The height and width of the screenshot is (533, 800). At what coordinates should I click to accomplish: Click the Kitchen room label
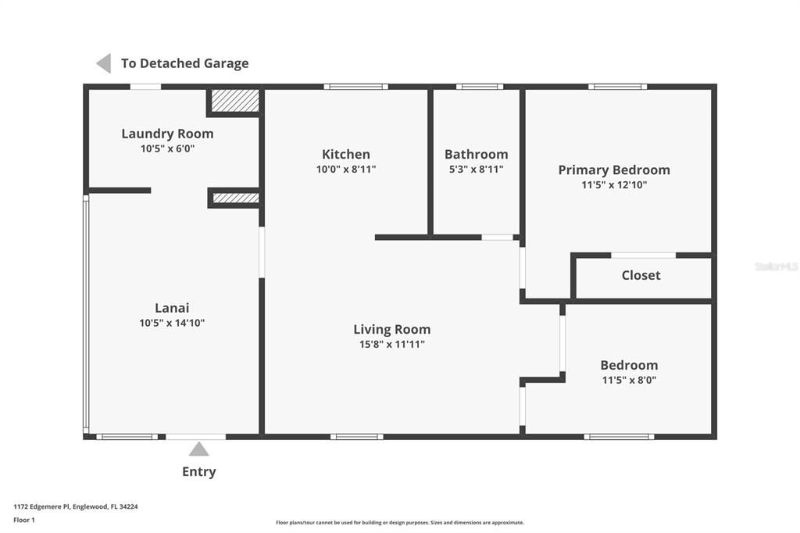coord(346,154)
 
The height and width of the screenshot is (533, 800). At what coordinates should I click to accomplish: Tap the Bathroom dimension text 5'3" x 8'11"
coord(476,169)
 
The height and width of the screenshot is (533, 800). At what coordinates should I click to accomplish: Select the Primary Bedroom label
coord(614,170)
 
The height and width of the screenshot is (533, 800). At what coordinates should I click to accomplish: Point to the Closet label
coord(641,275)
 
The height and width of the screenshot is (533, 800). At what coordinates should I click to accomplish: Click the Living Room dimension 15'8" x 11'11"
coord(392,344)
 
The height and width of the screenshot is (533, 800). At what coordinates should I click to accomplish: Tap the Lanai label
coord(172,308)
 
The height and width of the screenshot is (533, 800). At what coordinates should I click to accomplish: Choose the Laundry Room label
coord(167,134)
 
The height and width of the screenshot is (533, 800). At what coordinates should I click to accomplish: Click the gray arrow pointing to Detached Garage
coord(104,63)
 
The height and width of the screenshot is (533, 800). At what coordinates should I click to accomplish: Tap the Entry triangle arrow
coord(199,449)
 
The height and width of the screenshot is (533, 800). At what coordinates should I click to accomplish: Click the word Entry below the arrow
coord(199,471)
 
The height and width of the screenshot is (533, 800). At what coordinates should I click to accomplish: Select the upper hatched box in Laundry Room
coord(235,101)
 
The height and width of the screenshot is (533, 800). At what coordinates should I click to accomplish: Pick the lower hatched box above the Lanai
coord(236,198)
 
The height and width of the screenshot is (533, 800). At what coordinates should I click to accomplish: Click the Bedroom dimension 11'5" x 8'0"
coord(629,380)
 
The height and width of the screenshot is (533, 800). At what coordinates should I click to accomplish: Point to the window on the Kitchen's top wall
coord(355,87)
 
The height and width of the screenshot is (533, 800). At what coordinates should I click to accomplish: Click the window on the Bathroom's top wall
coord(480,87)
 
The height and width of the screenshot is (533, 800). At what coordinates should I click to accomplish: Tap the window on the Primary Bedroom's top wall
coord(617,87)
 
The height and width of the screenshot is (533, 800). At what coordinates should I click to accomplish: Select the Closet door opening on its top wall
coord(644,256)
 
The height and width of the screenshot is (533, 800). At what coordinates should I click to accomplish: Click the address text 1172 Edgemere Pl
coord(41,506)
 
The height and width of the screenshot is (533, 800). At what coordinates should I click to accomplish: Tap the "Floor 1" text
coord(24,520)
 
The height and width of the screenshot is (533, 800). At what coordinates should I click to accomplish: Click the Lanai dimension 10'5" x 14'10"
coord(172,323)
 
